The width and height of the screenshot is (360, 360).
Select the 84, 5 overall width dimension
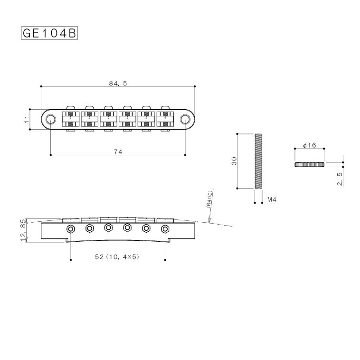pos(117,83)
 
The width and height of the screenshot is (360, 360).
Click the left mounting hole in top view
pos(50,119)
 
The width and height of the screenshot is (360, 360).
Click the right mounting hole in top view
pos(185,119)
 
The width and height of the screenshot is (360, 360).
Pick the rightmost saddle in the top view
pos(165,119)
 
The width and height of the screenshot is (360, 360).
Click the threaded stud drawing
pos(258,161)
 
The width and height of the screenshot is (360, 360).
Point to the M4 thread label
pos(272,199)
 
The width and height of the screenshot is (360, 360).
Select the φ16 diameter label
pos(309,145)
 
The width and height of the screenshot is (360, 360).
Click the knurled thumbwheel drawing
pos(309,164)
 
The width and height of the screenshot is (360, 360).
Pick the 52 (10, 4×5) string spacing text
pos(117,256)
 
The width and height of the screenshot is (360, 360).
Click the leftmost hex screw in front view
pos(71,228)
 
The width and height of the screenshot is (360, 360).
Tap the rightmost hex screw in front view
pos(165,228)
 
